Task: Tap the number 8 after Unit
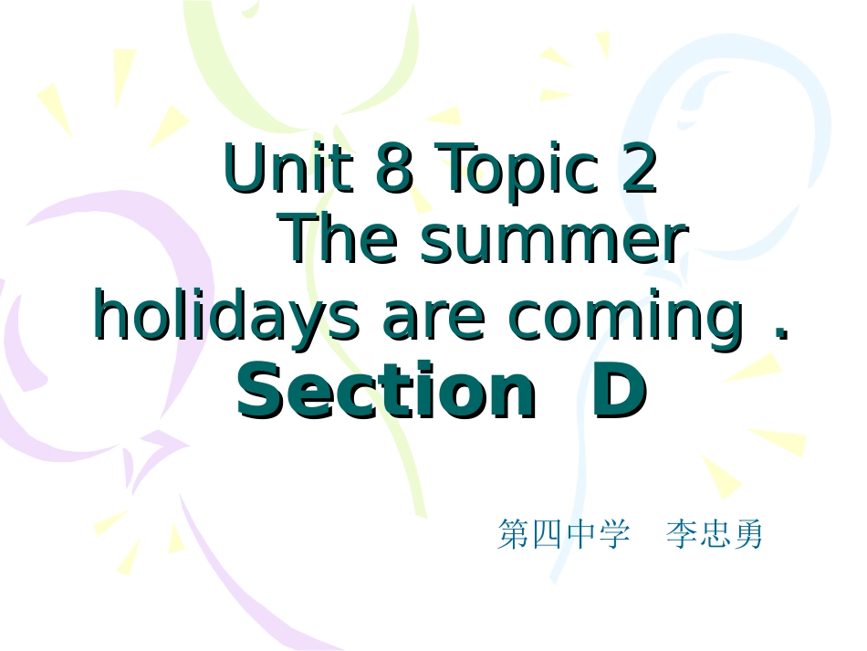tap(393, 169)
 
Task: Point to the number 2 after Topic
tap(639, 169)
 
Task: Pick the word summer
tap(554, 242)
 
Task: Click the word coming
tap(626, 320)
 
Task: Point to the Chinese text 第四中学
tap(563, 534)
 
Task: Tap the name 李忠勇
tap(715, 534)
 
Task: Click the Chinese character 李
tap(682, 534)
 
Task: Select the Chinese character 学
tap(613, 534)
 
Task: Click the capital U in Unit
tap(242, 169)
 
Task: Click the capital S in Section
tap(257, 391)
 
